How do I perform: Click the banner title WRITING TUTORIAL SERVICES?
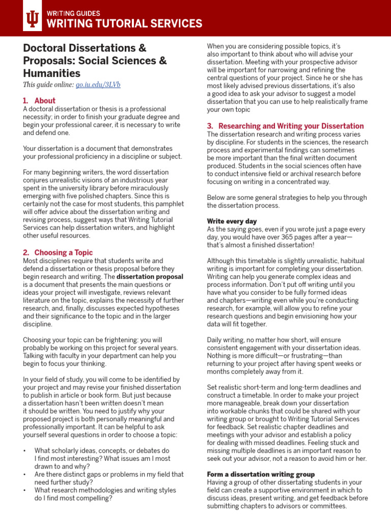(124, 23)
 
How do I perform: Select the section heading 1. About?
(39, 101)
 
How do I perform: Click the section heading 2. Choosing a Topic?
(58, 252)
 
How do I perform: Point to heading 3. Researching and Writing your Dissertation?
(285, 126)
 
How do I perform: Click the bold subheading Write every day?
(232, 221)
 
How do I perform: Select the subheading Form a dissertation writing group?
(261, 474)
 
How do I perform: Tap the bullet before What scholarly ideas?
(25, 451)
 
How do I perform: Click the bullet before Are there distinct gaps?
(25, 474)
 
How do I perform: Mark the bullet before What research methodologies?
(25, 490)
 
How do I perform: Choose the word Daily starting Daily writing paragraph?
(216, 340)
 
